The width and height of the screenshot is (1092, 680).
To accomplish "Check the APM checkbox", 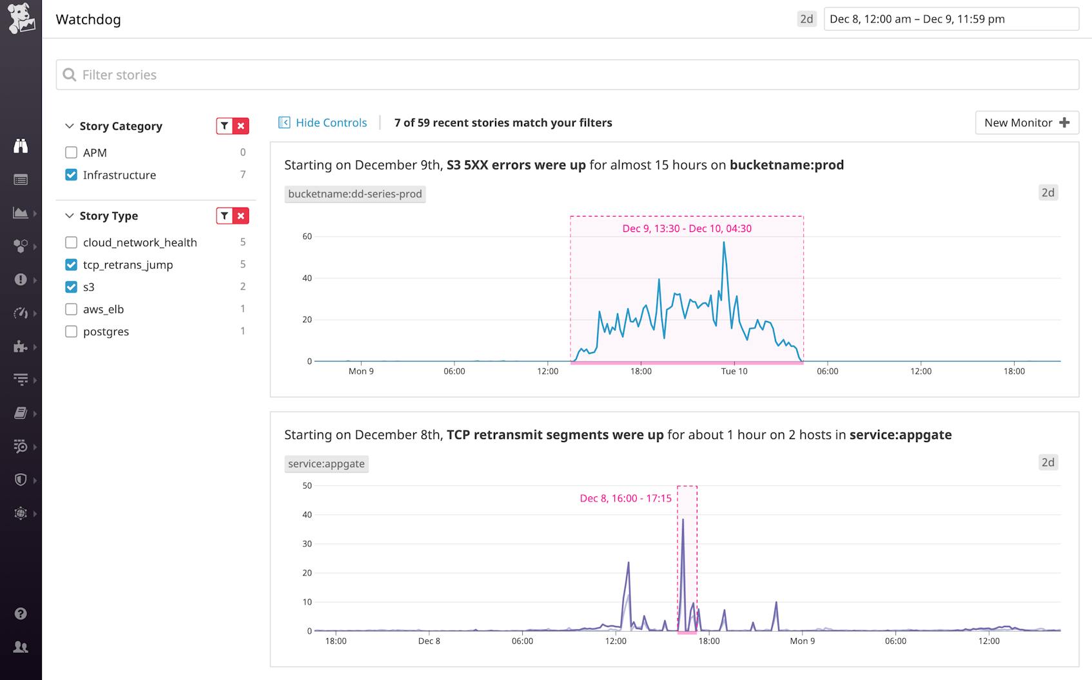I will point(71,153).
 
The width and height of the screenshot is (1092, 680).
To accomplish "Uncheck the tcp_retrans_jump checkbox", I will point(71,265).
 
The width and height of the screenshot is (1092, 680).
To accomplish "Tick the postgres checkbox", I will point(71,331).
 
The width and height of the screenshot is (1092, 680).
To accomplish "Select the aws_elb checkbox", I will point(71,309).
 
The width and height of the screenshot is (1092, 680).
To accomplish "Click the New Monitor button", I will point(1026,122).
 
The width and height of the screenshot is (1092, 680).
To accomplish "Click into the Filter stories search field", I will point(567,75).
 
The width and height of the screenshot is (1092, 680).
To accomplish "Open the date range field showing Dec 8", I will point(951,19).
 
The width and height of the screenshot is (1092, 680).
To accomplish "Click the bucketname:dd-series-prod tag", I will point(355,194).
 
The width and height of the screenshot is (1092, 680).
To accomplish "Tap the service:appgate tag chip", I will point(326,463).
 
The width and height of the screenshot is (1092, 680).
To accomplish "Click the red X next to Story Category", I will point(241,126).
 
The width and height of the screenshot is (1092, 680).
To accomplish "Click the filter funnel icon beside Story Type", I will point(224,216).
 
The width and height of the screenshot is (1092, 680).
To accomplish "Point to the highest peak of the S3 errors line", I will point(724,242).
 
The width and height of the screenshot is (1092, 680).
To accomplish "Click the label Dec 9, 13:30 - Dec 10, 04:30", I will point(687,228).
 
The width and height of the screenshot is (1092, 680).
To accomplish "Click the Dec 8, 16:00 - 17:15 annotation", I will point(625,498).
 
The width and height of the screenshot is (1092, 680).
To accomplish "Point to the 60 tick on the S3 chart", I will point(307,237).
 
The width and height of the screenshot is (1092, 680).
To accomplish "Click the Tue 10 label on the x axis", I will point(734,371).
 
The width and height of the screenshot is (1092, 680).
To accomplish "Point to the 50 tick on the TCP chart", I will point(307,485).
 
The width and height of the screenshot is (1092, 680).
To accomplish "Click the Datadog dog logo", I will point(21,18).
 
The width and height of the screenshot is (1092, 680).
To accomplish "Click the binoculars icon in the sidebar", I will point(21,146).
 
